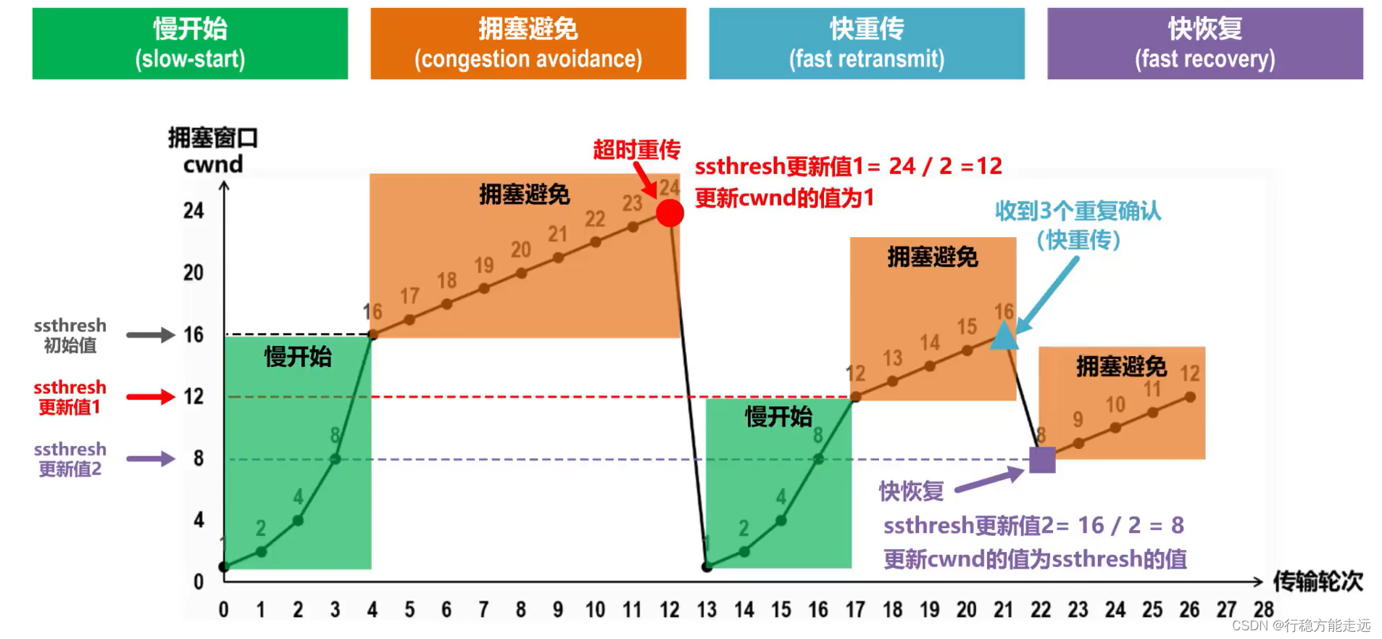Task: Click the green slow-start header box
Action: (190, 44)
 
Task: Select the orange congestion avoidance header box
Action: (528, 44)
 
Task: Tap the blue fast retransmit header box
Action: (866, 44)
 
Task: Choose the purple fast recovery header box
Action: (1204, 44)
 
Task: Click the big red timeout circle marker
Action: (670, 213)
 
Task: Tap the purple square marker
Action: (1042, 460)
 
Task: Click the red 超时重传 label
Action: (636, 150)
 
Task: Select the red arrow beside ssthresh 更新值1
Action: (151, 397)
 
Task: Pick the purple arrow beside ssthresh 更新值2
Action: (151, 459)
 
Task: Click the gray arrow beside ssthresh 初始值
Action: (151, 335)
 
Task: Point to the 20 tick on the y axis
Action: (193, 273)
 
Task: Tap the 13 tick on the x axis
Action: (707, 610)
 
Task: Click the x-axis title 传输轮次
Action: (1318, 581)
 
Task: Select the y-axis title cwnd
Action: (213, 165)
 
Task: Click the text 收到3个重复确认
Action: (1078, 211)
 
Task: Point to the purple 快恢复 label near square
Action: (911, 491)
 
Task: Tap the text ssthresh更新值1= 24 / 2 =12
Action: (848, 166)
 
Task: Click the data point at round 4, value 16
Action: (372, 334)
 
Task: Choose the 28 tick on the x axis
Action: (1263, 609)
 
